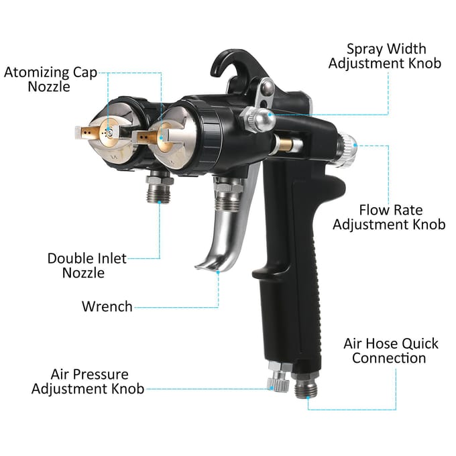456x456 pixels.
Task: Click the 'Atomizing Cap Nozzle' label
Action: point(50,79)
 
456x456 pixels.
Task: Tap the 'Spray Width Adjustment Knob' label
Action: point(385,56)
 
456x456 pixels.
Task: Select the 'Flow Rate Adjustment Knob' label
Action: point(389,217)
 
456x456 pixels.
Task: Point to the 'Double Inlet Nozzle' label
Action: point(87,266)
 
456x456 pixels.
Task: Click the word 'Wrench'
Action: point(107,306)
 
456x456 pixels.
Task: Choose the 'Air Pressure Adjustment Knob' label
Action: point(88,382)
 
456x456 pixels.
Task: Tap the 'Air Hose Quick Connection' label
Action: point(390,351)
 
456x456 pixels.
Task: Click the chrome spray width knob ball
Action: point(264,119)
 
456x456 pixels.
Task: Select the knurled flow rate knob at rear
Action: point(347,149)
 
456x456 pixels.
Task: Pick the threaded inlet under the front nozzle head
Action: point(158,188)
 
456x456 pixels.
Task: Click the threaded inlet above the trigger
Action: point(229,194)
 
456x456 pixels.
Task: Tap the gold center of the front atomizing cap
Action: point(109,134)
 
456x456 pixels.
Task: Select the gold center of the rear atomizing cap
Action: point(162,137)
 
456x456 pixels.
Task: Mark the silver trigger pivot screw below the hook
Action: point(267,87)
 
